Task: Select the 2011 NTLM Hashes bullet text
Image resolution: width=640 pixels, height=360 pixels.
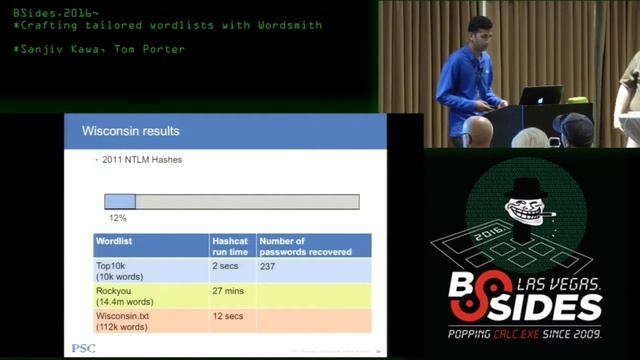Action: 139,159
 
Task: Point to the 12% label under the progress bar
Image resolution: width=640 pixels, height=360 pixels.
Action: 118,217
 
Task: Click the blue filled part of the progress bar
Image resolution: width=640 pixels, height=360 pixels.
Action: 120,201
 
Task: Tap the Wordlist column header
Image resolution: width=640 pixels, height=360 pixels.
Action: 114,241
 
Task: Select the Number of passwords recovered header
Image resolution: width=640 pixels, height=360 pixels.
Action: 304,246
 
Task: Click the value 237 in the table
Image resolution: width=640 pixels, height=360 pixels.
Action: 268,267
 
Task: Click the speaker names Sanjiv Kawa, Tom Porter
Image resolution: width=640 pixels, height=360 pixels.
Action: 101,48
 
